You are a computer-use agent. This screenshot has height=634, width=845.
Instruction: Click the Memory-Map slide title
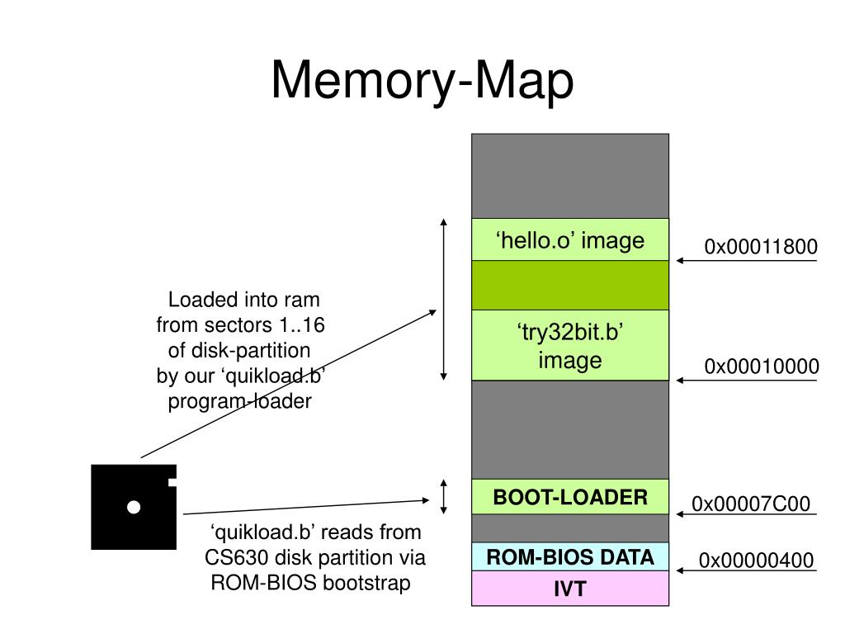(x=422, y=80)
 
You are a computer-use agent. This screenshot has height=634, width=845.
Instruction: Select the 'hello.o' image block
(x=570, y=239)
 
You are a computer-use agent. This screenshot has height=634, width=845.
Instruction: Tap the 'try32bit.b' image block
(x=570, y=345)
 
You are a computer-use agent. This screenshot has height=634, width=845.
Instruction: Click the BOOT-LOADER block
(x=570, y=496)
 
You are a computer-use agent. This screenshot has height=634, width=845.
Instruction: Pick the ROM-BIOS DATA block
(x=570, y=556)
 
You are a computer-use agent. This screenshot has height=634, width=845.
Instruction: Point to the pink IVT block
(x=570, y=588)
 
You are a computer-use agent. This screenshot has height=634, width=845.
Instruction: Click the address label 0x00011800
(x=760, y=247)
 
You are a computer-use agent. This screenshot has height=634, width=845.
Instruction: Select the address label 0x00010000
(x=762, y=367)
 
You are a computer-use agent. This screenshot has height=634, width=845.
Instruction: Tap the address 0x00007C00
(x=751, y=504)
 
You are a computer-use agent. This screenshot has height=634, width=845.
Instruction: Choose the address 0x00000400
(x=756, y=561)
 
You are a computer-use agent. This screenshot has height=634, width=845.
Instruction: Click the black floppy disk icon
(x=134, y=507)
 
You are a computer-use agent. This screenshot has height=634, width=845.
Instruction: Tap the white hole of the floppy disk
(x=134, y=507)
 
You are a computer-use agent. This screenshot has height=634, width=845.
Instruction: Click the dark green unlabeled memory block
(x=570, y=285)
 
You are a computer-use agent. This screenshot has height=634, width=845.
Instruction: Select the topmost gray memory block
(x=570, y=177)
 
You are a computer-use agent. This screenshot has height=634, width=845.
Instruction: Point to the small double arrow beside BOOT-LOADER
(x=443, y=496)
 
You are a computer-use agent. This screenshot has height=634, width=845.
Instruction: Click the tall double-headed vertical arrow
(x=443, y=300)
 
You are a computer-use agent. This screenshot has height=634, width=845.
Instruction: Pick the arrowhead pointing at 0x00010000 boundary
(x=681, y=381)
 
